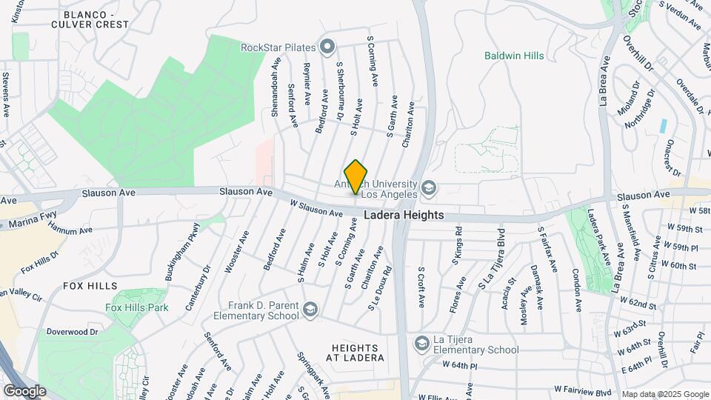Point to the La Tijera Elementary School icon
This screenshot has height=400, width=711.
[421, 343]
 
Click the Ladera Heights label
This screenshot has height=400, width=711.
[404, 215]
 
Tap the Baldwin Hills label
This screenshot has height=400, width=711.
[514, 56]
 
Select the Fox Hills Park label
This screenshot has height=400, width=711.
[137, 307]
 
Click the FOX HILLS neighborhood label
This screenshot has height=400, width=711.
[90, 285]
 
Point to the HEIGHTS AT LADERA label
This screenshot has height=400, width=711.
[358, 353]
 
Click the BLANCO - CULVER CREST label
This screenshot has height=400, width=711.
[96, 19]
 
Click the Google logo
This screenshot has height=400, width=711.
[24, 390]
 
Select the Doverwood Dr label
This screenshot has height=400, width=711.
[73, 332]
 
